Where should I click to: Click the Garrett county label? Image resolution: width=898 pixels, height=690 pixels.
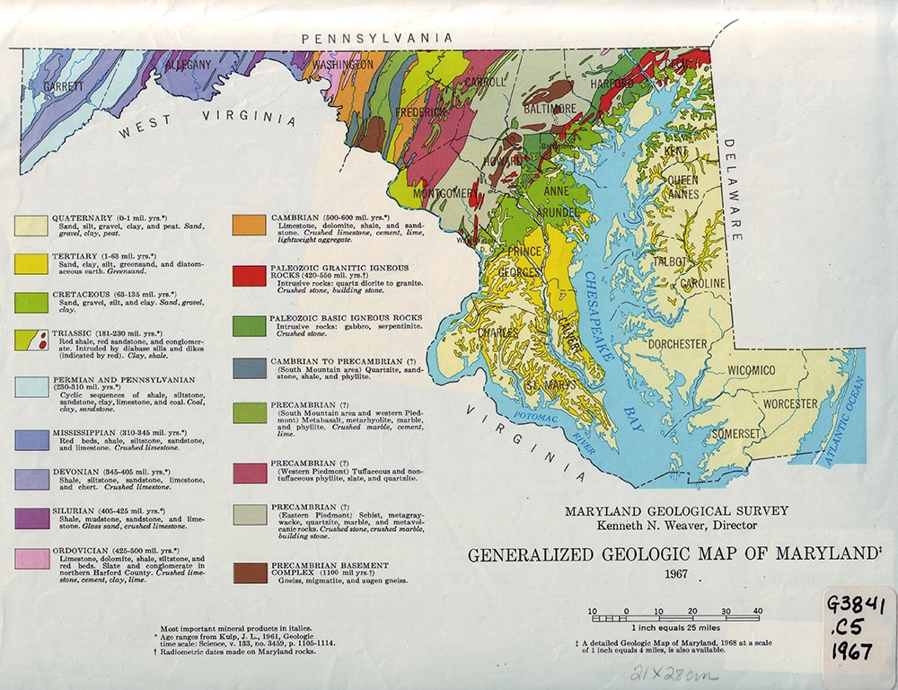click(63, 86)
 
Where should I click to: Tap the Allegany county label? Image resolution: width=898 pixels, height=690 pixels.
click(189, 65)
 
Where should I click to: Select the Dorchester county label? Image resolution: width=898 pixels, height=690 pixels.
click(678, 344)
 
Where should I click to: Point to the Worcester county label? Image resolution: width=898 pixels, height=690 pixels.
click(790, 403)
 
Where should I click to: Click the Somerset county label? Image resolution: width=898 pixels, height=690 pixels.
click(735, 433)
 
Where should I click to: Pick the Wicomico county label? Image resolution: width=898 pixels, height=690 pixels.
click(751, 370)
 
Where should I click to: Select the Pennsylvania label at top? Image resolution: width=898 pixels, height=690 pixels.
click(376, 38)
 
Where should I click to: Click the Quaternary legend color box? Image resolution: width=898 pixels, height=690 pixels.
click(31, 225)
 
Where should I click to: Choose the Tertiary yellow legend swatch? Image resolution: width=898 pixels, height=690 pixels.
click(31, 263)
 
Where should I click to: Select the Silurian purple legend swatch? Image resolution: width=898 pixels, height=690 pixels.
click(31, 518)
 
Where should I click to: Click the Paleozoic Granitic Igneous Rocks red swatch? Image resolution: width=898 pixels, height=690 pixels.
click(250, 275)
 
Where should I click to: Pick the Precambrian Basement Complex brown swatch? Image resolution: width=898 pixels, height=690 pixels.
click(250, 572)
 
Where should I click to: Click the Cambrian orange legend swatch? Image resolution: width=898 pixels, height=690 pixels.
click(250, 225)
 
